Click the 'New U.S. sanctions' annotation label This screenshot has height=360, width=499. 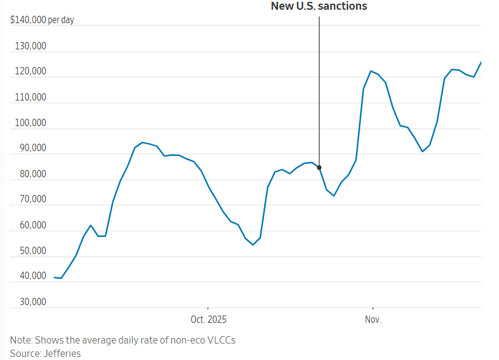coord(319,7)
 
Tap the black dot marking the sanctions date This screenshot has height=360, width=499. coord(319,168)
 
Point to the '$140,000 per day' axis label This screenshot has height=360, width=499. coord(42,20)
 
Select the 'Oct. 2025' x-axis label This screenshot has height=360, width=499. coord(208,320)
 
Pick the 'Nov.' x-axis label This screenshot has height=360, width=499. coord(372,320)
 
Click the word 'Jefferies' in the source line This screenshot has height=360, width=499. coord(61,353)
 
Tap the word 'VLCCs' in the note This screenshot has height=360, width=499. coord(221,340)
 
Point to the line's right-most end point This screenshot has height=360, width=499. coord(481,62)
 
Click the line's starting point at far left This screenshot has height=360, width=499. coord(55,278)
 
